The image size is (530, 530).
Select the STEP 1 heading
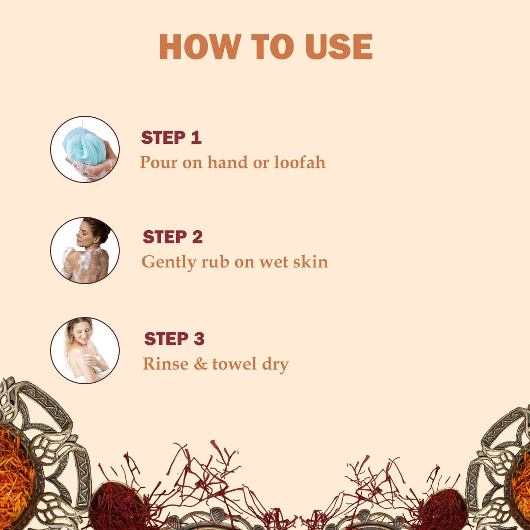[171, 137]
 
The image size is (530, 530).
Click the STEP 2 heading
[173, 237]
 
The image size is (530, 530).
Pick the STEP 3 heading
[174, 339]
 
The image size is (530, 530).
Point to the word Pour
[159, 162]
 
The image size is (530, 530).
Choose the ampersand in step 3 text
[200, 364]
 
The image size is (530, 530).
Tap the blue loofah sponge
[84, 146]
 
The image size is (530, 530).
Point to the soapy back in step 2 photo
[88, 265]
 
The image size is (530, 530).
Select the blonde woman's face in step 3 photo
[83, 332]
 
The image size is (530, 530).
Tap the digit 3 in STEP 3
[199, 339]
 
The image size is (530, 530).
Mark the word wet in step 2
[273, 263]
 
